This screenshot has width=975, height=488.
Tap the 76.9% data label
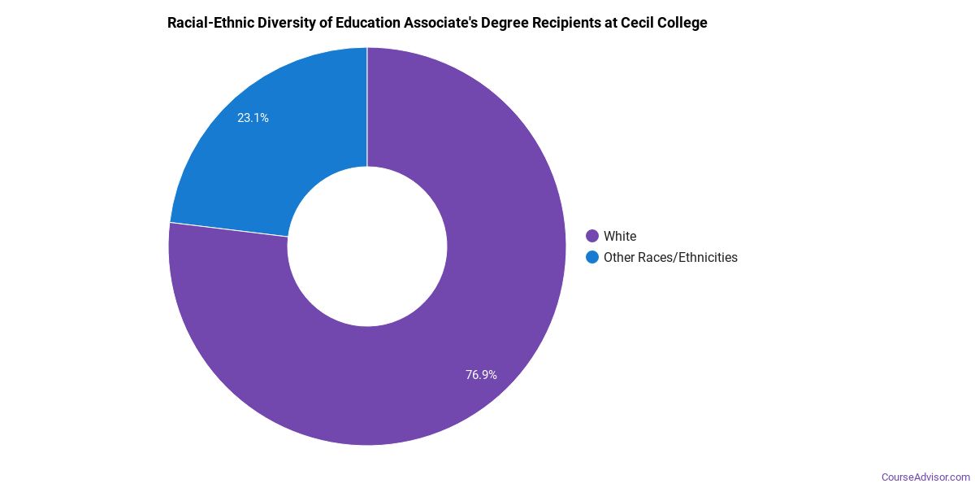pos(481,375)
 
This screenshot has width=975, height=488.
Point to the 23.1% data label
pos(253,118)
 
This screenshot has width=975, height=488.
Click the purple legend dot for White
pos(592,236)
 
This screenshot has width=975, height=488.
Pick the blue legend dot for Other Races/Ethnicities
pos(592,257)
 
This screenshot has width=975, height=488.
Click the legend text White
pos(620,236)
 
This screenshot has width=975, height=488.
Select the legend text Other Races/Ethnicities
pos(670,257)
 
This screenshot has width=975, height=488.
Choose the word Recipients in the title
pos(570,23)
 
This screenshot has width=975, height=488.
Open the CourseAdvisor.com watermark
pos(925,477)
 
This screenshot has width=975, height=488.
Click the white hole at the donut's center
pos(367,246)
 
